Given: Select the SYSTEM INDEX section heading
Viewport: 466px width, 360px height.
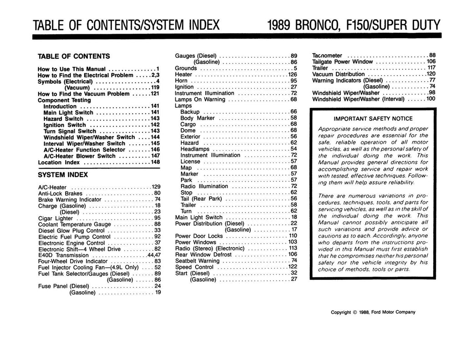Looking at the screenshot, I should (63, 174).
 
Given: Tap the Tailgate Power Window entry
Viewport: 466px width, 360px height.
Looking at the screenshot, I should (343, 61).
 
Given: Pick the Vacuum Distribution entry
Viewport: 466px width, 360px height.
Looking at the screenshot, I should (339, 74).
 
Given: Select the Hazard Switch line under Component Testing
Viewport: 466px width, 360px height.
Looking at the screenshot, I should (63, 118).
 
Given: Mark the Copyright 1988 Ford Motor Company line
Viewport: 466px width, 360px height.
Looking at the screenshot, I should (373, 312).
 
